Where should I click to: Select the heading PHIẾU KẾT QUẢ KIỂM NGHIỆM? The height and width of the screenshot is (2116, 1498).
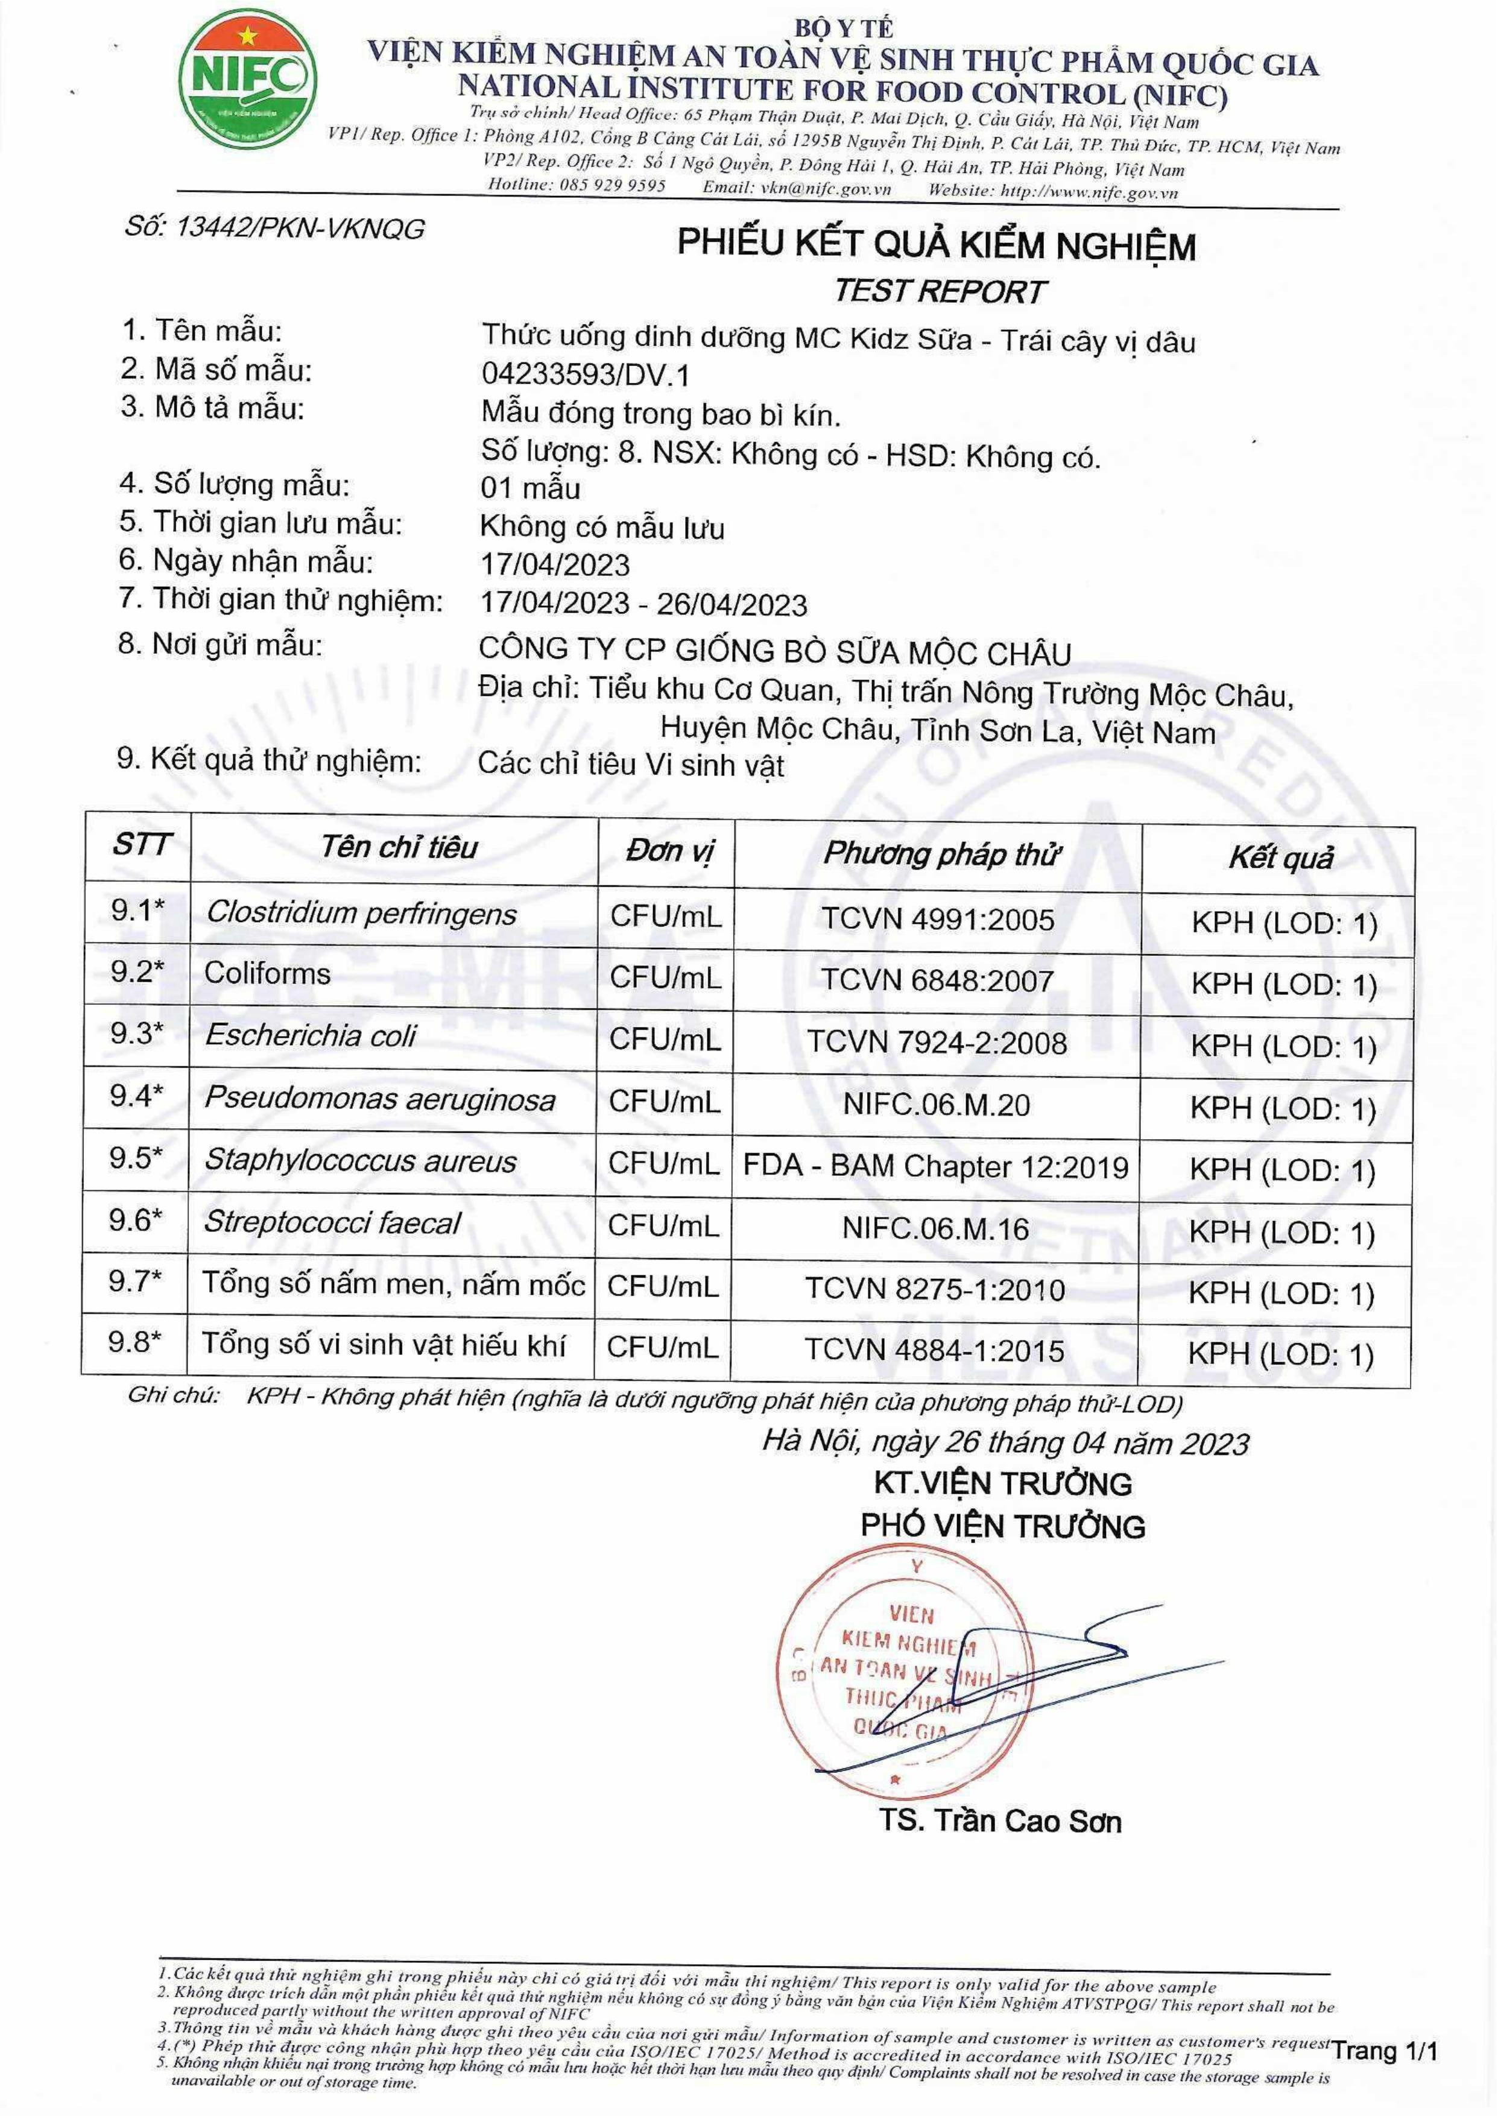[936, 244]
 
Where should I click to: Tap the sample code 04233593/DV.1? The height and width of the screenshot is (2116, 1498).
[585, 374]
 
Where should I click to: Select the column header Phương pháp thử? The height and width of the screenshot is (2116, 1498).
[941, 854]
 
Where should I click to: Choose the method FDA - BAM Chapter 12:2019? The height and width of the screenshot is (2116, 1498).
[935, 1167]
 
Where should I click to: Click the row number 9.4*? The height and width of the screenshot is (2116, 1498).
[136, 1096]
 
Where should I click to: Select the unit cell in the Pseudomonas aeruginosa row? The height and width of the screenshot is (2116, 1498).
[664, 1101]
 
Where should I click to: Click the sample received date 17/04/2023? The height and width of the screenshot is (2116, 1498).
[555, 564]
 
